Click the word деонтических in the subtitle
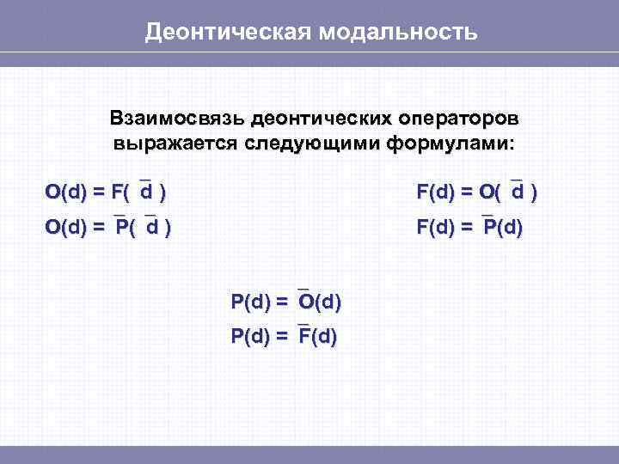[x=315, y=118]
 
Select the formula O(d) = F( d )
[x=106, y=192]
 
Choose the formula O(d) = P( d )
[x=107, y=229]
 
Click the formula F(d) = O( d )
[x=478, y=192]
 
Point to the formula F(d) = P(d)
[x=469, y=229]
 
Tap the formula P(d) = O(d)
[x=286, y=302]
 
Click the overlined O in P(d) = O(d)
[x=304, y=302]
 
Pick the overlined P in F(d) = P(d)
[x=489, y=229]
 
